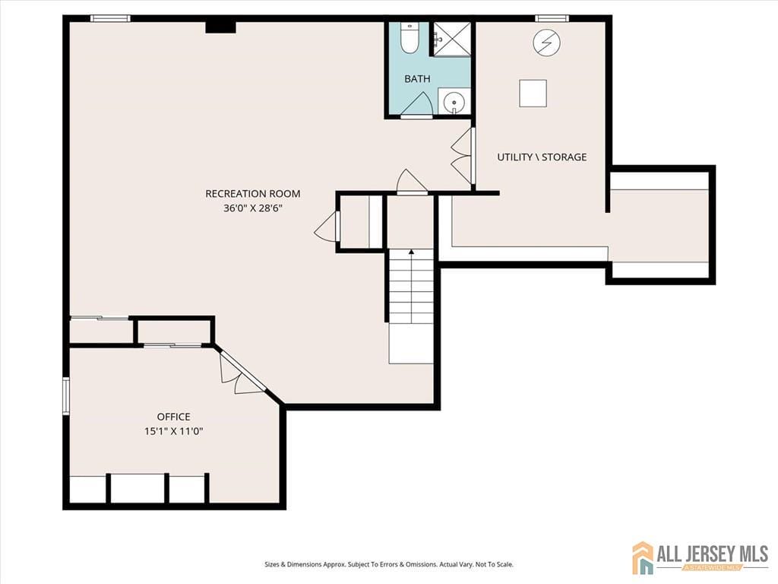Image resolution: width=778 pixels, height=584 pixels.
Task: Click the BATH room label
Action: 417,78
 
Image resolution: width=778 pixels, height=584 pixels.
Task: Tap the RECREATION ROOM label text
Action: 252,194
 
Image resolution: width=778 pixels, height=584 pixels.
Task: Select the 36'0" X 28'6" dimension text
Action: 252,208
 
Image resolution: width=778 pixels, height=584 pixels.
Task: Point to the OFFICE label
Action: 173,417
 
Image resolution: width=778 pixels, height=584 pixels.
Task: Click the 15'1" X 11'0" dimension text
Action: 173,431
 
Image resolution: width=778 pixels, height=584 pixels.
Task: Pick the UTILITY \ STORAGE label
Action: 542,157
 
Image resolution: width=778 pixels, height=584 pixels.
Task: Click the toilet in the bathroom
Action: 410,38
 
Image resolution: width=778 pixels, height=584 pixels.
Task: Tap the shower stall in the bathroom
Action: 451,38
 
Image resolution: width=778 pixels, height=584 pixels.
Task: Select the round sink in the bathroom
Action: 454,101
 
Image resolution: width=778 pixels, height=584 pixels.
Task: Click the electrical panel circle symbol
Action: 544,43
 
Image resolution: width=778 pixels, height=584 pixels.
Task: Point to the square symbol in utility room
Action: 533,93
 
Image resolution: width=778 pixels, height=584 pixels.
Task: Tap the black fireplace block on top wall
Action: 220,27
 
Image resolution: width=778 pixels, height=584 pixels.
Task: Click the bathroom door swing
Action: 417,105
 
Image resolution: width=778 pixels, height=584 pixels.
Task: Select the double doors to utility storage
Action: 463,156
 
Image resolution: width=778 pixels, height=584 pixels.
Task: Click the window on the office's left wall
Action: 66,395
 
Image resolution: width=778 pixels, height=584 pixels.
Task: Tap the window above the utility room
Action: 552,18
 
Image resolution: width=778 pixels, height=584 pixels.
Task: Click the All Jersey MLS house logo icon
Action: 643,557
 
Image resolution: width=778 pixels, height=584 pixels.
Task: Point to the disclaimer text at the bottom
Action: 388,564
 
